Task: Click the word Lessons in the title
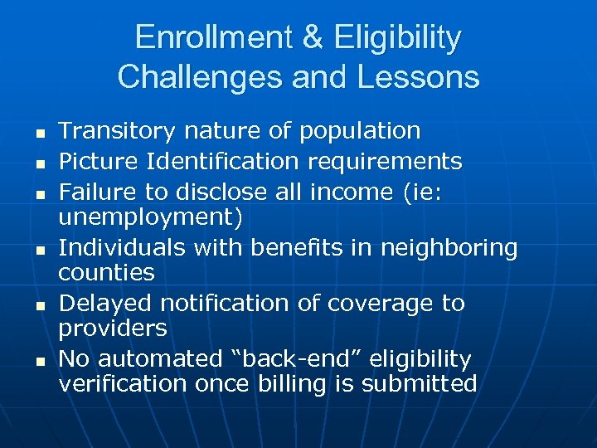(423, 76)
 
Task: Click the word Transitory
(117, 131)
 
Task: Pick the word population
(360, 131)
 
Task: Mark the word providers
(113, 329)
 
